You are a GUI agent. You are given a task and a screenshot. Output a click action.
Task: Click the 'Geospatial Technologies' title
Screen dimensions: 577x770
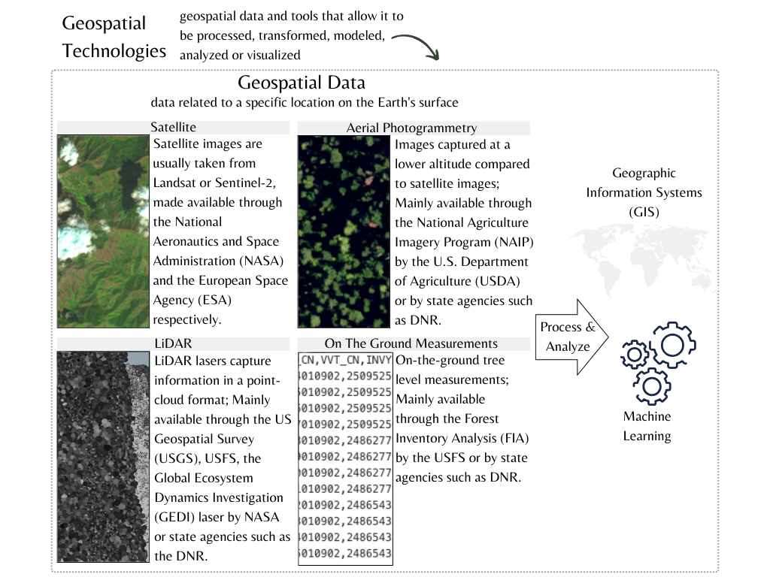(x=114, y=37)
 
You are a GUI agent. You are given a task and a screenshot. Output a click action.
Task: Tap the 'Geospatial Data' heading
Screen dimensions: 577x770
(x=302, y=83)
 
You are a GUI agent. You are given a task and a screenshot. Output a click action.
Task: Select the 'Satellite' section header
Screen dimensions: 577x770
(x=173, y=128)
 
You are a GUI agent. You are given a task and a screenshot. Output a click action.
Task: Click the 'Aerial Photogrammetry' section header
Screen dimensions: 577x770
(x=411, y=128)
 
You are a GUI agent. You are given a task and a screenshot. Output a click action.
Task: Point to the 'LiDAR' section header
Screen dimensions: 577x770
(x=173, y=343)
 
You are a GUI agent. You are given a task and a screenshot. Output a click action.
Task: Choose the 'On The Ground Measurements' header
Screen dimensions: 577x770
(x=411, y=343)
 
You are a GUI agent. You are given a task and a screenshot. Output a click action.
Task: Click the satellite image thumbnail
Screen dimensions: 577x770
(x=103, y=231)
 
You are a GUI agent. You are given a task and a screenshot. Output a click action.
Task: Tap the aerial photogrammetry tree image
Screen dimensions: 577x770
(x=345, y=231)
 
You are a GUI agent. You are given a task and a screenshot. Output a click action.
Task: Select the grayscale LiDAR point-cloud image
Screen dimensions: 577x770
(x=103, y=457)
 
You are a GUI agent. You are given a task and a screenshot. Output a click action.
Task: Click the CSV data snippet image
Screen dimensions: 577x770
(x=345, y=457)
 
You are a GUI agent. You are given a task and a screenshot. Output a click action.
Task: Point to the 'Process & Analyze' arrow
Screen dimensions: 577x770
(x=568, y=337)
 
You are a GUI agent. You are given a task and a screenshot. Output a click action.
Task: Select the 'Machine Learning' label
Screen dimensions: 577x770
(x=647, y=426)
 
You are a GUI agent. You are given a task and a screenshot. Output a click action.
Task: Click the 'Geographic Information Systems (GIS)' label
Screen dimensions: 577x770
(x=644, y=192)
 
